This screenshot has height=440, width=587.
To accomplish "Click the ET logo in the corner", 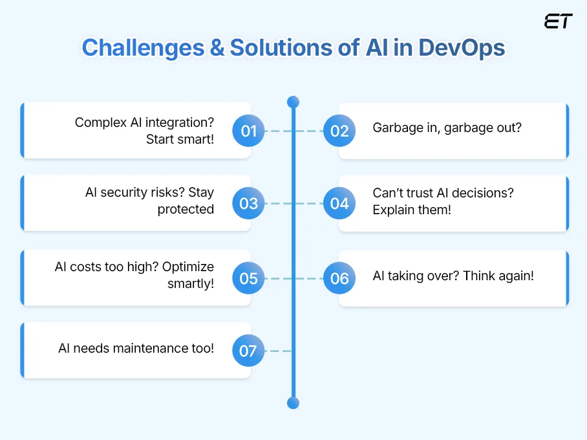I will pos(558,21).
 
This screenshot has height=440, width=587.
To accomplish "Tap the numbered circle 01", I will pos(249,131).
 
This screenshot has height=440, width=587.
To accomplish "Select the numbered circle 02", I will pos(339,131).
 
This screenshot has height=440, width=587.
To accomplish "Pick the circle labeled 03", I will pos(249,204).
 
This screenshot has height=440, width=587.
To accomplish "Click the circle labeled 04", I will pos(339,204).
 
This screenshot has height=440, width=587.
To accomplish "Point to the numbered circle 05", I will pos(249,279).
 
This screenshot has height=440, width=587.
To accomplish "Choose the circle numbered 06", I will pos(339,279).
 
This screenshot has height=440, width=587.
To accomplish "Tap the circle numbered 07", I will pos(249,351).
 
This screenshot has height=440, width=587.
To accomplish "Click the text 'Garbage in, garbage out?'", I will pos(447,127).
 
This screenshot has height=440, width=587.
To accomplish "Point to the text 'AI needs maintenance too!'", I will pos(136,348).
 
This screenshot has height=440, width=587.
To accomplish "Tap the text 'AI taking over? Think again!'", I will pos(453,276).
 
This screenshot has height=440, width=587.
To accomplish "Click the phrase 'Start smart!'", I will pos(180,139).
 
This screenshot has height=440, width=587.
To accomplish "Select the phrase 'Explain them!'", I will pos(412,210).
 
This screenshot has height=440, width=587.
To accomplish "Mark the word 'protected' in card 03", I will pos(186,209).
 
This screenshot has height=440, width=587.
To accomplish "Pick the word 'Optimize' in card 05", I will pos(188,267).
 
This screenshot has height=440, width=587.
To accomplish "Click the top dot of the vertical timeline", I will pos(293,102).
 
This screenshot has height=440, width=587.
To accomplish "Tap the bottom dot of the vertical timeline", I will pos(293,402).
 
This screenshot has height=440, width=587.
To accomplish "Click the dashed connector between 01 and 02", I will pos(284,131).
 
